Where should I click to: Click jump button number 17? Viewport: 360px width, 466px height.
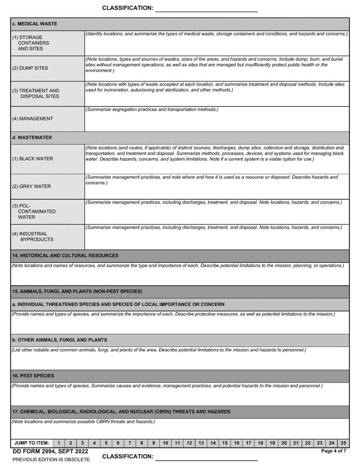[249, 443]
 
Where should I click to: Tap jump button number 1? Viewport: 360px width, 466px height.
[59, 443]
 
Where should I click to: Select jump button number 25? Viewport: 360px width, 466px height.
[343, 443]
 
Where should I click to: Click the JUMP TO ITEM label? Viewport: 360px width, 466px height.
[32, 443]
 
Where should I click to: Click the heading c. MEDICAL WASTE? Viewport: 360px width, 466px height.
[35, 24]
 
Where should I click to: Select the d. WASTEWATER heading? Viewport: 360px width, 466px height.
[32, 138]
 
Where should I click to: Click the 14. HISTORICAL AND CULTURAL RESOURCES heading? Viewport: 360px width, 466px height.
[65, 256]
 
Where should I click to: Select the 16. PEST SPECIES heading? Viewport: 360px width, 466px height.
[33, 376]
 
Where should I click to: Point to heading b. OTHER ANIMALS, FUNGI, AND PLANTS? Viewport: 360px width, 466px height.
[59, 340]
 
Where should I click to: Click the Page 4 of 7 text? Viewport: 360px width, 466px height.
[333, 451]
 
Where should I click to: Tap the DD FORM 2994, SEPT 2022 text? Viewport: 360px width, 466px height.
[50, 451]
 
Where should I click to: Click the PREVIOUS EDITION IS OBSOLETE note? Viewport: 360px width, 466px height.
[52, 460]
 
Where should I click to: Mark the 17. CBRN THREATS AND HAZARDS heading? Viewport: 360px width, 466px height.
[121, 411]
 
